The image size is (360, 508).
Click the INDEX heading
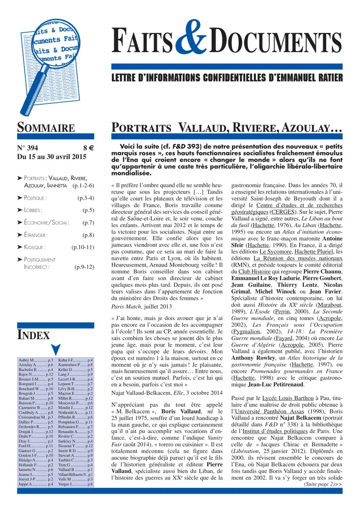[34, 334]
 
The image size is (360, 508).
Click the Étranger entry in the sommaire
[36, 235]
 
